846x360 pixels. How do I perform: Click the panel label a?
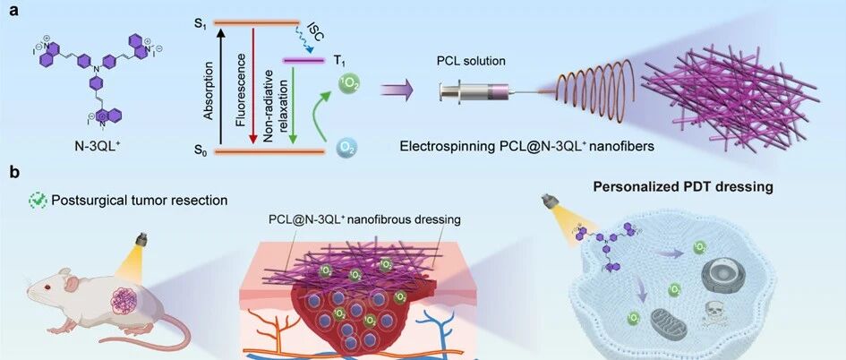click(x=13, y=10)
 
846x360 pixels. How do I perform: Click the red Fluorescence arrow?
click(x=252, y=86)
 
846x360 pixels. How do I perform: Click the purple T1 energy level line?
click(x=303, y=61)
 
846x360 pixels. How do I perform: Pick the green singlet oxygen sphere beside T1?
click(x=348, y=84)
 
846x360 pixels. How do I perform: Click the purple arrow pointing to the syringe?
click(x=397, y=90)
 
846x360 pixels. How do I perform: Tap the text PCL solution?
click(x=471, y=61)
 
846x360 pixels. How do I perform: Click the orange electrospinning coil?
click(x=594, y=88)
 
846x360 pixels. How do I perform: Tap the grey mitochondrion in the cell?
click(x=670, y=324)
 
